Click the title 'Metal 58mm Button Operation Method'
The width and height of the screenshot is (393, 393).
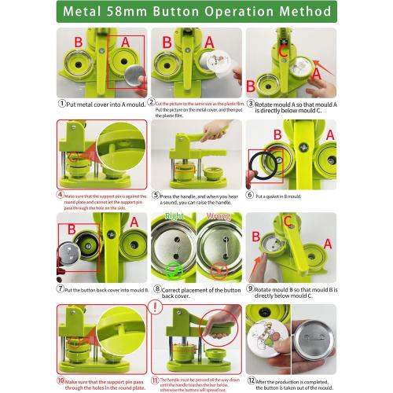pos(196,13)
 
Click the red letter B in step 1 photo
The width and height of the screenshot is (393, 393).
pos(78,41)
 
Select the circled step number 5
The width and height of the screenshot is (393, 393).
pos(157,195)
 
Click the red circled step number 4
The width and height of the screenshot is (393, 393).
pos(61,193)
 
